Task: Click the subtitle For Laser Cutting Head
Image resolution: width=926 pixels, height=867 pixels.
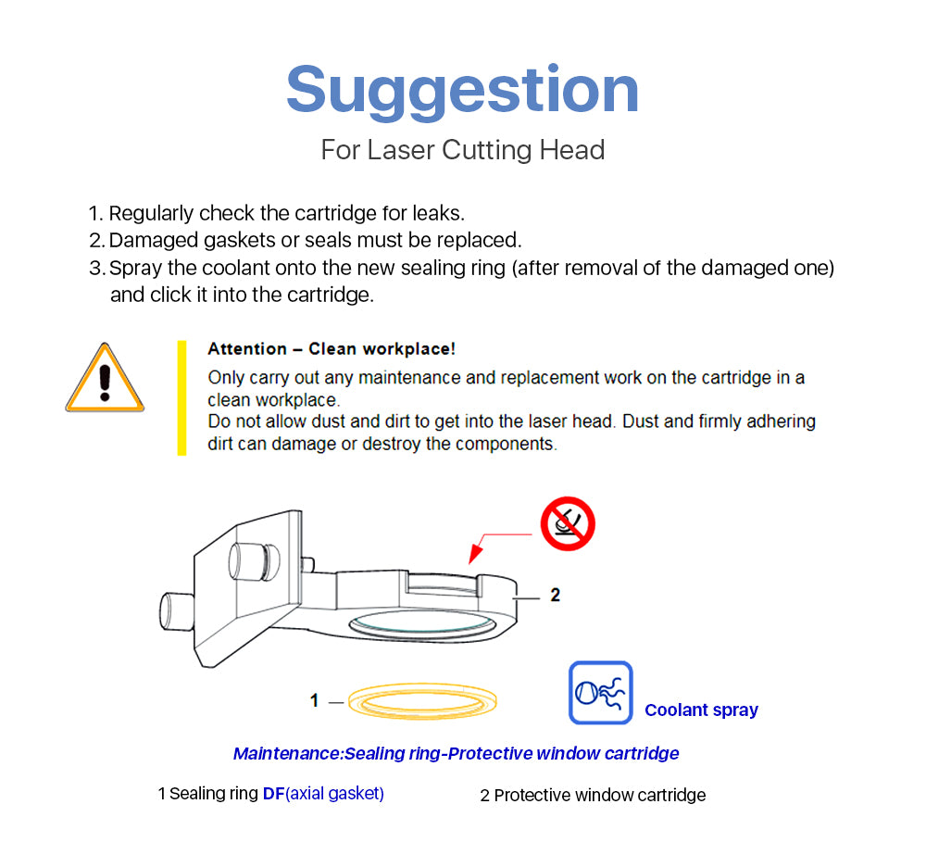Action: pyautogui.click(x=462, y=150)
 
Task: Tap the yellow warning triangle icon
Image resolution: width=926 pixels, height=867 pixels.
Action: pyautogui.click(x=106, y=378)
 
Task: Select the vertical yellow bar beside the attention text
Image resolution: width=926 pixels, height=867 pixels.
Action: pyautogui.click(x=181, y=397)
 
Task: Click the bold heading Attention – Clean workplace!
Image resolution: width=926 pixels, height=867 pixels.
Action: pyautogui.click(x=332, y=349)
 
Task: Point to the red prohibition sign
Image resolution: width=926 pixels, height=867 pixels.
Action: pyautogui.click(x=568, y=523)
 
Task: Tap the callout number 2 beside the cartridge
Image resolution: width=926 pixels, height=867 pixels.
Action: pyautogui.click(x=555, y=595)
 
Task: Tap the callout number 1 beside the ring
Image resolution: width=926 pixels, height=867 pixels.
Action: pyautogui.click(x=314, y=700)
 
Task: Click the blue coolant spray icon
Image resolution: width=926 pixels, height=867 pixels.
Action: pyautogui.click(x=601, y=692)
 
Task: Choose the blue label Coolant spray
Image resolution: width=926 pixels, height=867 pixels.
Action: pyautogui.click(x=701, y=710)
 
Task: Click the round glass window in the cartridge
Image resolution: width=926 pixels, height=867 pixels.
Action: pyautogui.click(x=422, y=623)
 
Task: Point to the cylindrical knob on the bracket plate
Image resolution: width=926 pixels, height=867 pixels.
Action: pyautogui.click(x=255, y=561)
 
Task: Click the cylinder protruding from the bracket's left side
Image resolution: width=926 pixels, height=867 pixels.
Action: pyautogui.click(x=177, y=612)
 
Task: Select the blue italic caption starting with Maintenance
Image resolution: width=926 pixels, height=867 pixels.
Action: pyautogui.click(x=456, y=754)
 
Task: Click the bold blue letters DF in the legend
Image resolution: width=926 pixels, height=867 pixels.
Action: pyautogui.click(x=273, y=793)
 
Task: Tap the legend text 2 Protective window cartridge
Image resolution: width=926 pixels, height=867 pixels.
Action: pyautogui.click(x=593, y=795)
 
